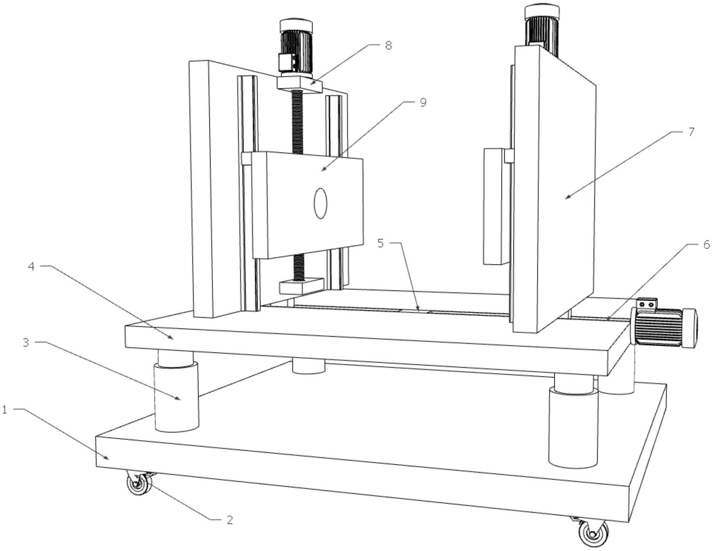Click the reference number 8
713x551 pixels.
point(388,46)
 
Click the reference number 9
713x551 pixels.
point(423,103)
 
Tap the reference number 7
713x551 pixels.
point(691,132)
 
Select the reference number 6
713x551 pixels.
point(706,245)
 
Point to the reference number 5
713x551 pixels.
point(380,243)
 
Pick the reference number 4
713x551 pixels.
point(31,267)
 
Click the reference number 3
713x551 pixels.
point(25,342)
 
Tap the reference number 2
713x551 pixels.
point(229,520)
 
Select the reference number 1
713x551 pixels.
point(5,410)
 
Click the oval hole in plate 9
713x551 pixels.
point(321,203)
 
